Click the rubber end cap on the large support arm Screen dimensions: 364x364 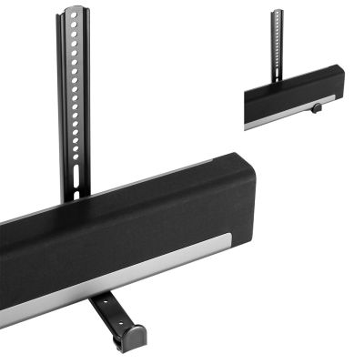(x=132, y=338)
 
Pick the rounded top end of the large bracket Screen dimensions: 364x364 (x=75, y=10)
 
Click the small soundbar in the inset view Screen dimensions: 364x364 (x=291, y=96)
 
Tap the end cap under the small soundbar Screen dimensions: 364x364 (x=318, y=109)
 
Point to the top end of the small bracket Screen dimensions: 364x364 (x=277, y=12)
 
